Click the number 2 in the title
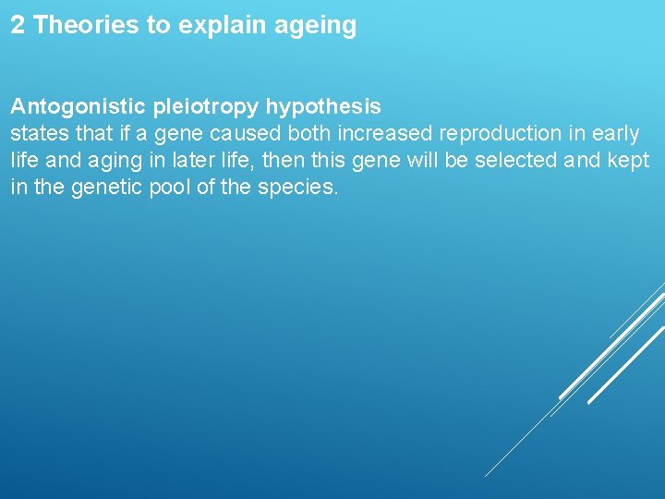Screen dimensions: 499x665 pyautogui.click(x=18, y=25)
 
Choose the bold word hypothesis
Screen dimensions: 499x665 pyautogui.click(x=323, y=108)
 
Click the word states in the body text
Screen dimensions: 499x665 pyautogui.click(x=36, y=134)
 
